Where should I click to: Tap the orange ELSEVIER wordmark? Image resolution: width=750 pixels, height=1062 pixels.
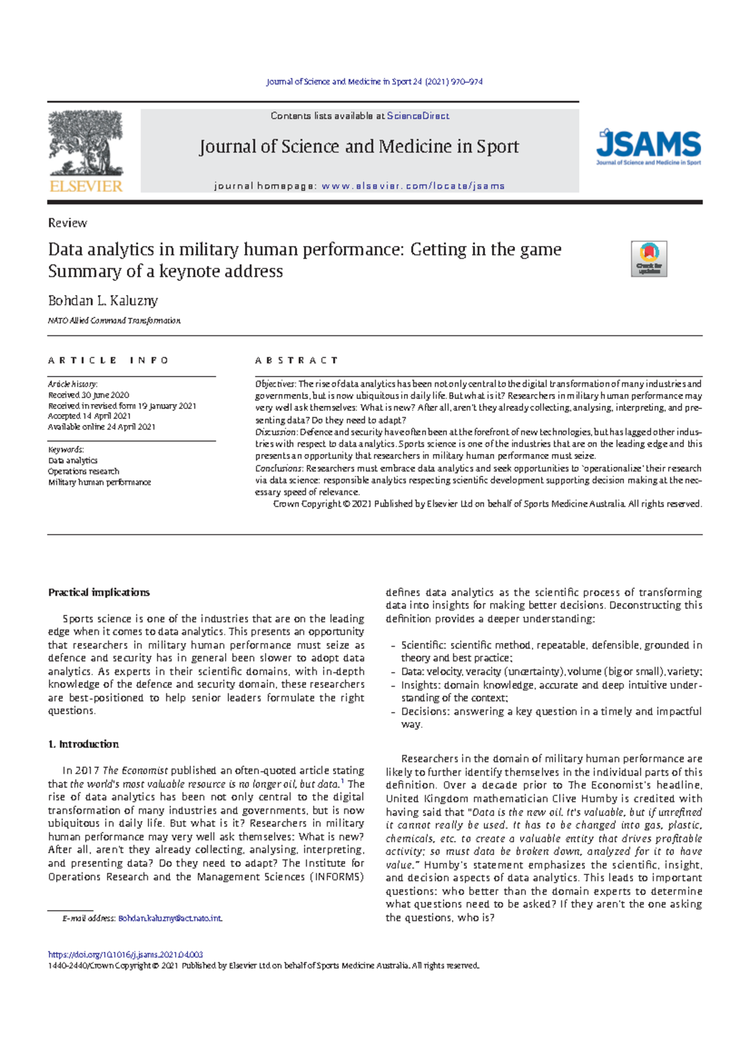click(x=86, y=186)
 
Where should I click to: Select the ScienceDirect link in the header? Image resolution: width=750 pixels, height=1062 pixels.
click(x=417, y=116)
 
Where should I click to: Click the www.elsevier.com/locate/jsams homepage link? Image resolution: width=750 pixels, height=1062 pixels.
click(x=412, y=186)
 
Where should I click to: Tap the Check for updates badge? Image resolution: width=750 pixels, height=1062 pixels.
click(x=649, y=258)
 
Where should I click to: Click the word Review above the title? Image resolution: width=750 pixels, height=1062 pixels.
click(x=67, y=223)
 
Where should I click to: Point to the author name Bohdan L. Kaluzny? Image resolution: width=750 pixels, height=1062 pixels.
click(x=103, y=301)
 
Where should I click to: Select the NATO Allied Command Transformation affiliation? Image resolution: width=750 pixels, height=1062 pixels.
click(x=114, y=321)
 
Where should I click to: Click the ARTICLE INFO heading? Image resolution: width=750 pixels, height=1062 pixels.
click(x=108, y=360)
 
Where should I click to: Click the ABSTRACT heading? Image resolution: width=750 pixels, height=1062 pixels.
click(x=296, y=360)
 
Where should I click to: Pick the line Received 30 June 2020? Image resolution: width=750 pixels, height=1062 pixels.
click(x=89, y=395)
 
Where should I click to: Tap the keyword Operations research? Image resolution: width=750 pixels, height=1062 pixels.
click(x=84, y=472)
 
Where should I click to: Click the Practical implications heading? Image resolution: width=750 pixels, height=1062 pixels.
click(x=99, y=592)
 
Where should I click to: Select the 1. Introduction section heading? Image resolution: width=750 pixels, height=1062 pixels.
click(x=83, y=744)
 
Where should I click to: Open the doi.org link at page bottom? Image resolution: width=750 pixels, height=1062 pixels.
click(x=125, y=955)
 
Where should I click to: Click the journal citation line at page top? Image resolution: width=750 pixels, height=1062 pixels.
click(x=374, y=82)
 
